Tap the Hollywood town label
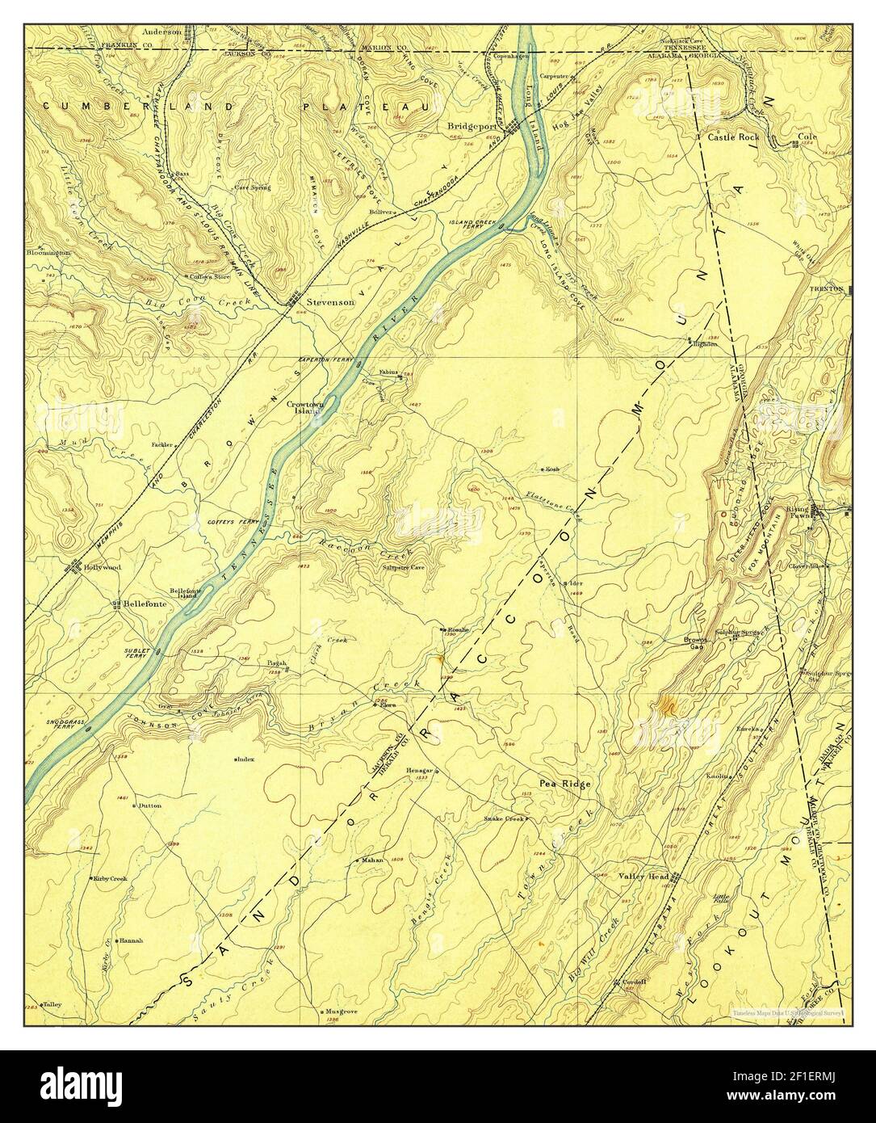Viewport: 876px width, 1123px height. click(x=102, y=567)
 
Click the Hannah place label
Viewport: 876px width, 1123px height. click(x=132, y=941)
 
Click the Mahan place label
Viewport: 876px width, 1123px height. click(x=372, y=860)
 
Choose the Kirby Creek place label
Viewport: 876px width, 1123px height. click(x=111, y=878)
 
